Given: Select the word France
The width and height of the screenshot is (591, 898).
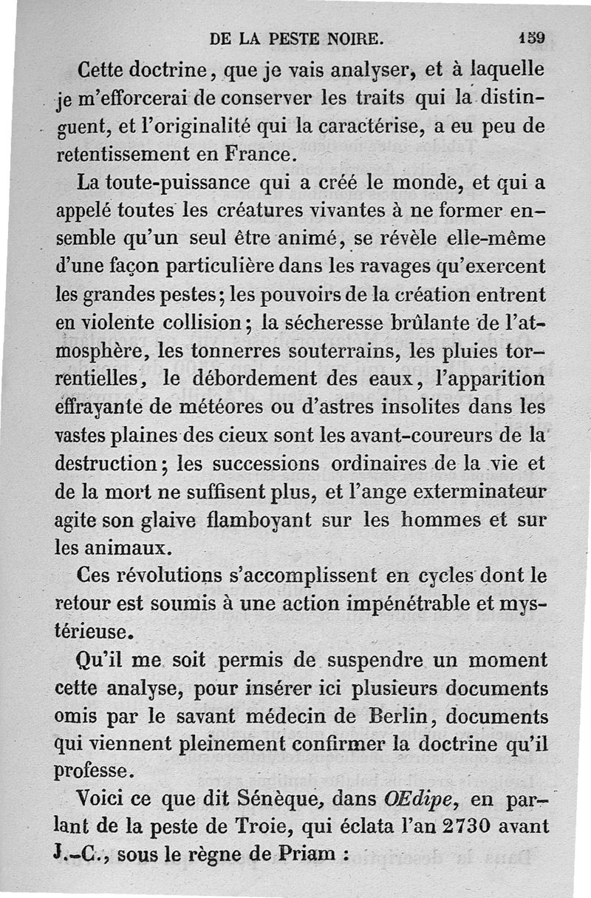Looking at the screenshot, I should (256, 154).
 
